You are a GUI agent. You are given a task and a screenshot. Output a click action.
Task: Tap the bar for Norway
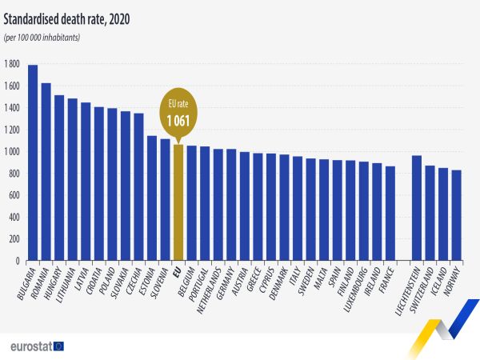pos(457,215)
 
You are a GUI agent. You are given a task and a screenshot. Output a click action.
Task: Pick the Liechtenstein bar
pos(417,208)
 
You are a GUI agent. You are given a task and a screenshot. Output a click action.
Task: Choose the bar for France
pos(390,214)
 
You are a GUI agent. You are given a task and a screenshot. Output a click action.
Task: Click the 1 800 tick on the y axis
pos(12,64)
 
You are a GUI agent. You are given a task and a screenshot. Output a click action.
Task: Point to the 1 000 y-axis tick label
pos(12,151)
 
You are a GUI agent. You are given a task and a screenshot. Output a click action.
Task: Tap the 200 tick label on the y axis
pos(14,239)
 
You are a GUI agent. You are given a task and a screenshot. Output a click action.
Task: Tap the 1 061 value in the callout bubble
pos(178,122)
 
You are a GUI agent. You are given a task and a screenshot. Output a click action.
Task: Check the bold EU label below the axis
pos(178,270)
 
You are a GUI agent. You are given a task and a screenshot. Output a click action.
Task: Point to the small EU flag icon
pos(58,346)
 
